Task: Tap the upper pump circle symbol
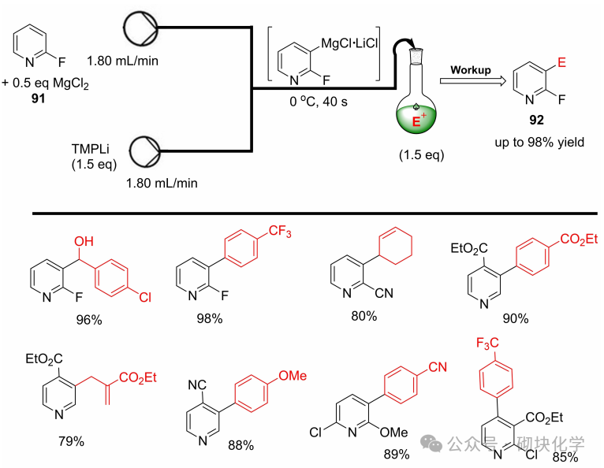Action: point(141,29)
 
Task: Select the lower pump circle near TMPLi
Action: point(141,149)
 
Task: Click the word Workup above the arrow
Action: point(472,69)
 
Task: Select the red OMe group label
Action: point(291,377)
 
